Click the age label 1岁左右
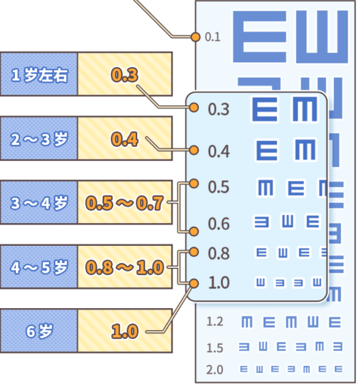[39, 75]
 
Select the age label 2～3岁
[39, 139]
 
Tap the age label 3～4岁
[39, 202]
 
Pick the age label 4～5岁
[39, 267]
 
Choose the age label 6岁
[39, 331]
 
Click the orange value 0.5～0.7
[125, 202]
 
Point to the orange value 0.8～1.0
[125, 267]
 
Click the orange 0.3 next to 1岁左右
[124, 75]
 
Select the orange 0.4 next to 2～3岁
[124, 139]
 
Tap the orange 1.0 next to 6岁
[124, 331]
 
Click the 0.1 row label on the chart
[212, 37]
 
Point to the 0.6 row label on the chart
[219, 224]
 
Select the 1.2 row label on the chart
[215, 322]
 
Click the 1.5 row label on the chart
[215, 348]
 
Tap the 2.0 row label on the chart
[215, 369]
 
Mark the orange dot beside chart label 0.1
[195, 37]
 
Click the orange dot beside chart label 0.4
[194, 150]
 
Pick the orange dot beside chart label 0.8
[194, 251]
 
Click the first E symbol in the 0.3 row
[265, 109]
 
